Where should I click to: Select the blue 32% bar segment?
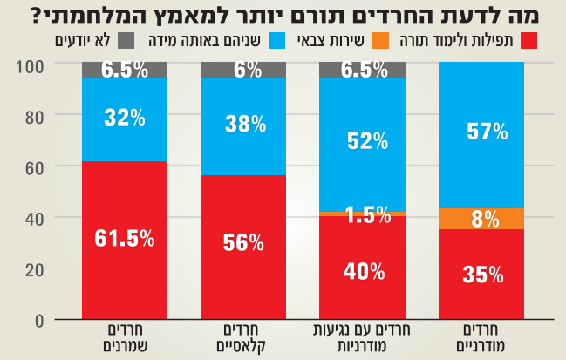coord(124,119)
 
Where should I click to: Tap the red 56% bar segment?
coord(243,248)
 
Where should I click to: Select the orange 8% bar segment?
coord(481,219)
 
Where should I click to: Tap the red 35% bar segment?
coord(481,275)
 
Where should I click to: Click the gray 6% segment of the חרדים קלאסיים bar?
coord(243,71)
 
